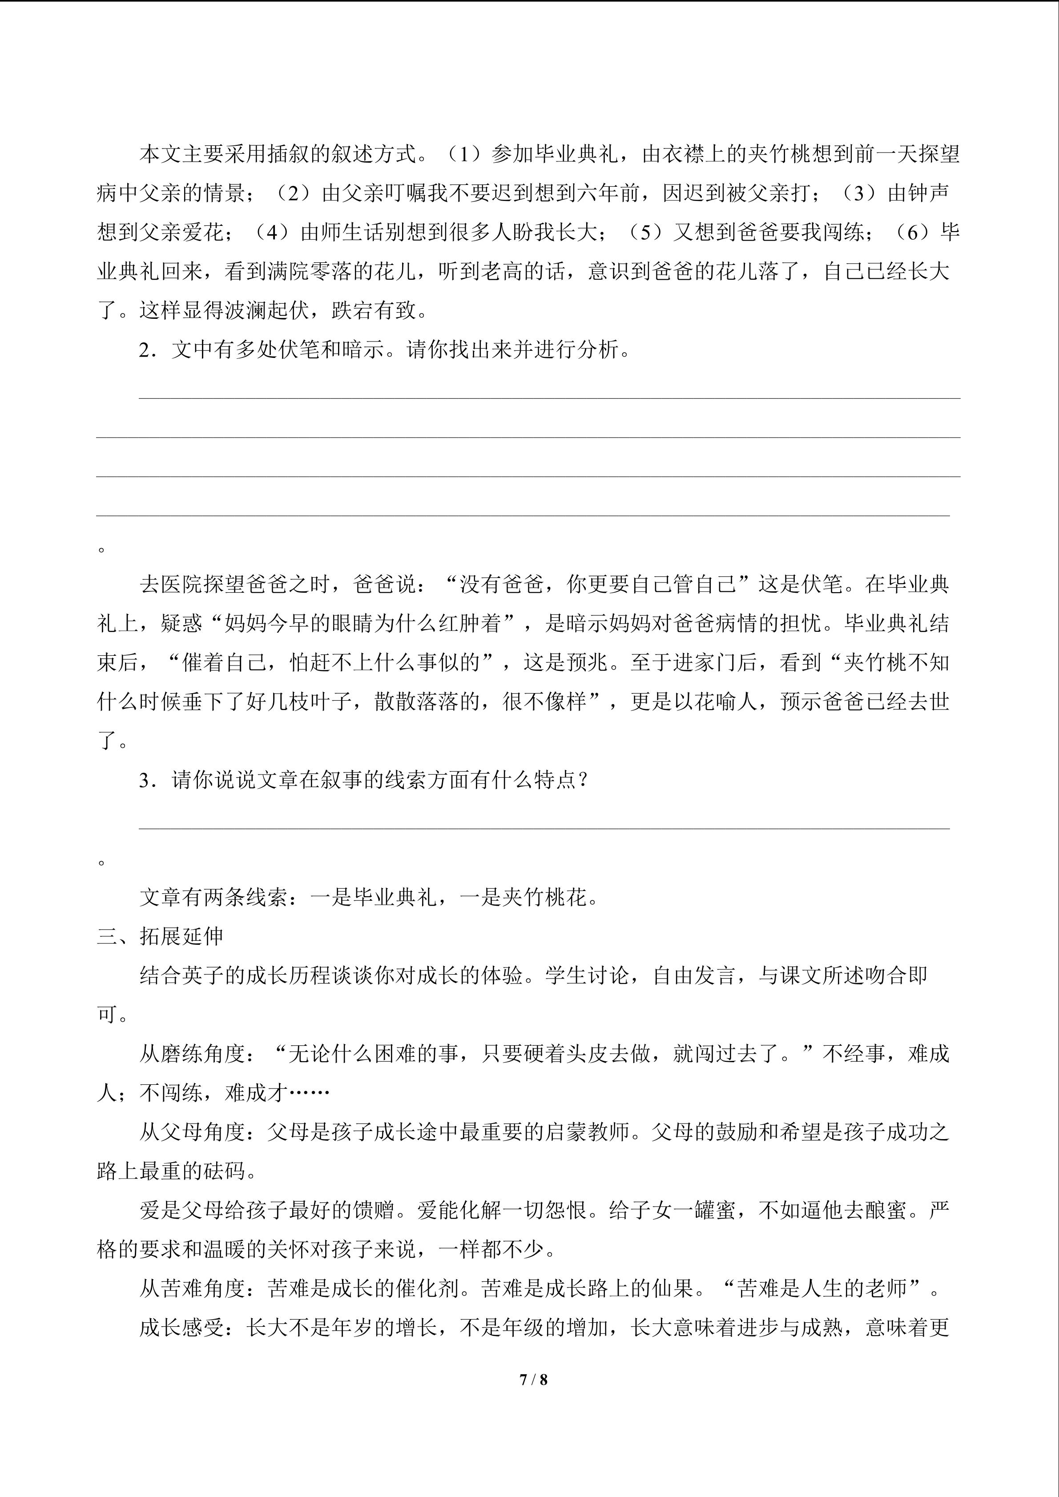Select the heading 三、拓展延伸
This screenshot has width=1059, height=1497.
(x=161, y=936)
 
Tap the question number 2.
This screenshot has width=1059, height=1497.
(x=145, y=350)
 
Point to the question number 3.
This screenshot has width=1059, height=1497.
(x=145, y=780)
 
